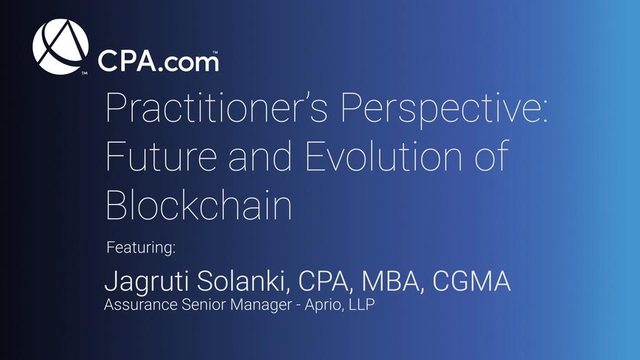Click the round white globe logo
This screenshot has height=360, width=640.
(61, 47)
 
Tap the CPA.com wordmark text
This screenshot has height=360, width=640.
(158, 61)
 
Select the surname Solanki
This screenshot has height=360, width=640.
(241, 281)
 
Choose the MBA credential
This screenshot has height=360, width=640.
(390, 281)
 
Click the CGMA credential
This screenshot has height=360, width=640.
(471, 281)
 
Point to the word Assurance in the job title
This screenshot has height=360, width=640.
(141, 304)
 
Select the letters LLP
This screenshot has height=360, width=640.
(361, 305)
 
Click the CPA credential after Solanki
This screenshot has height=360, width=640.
(323, 281)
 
